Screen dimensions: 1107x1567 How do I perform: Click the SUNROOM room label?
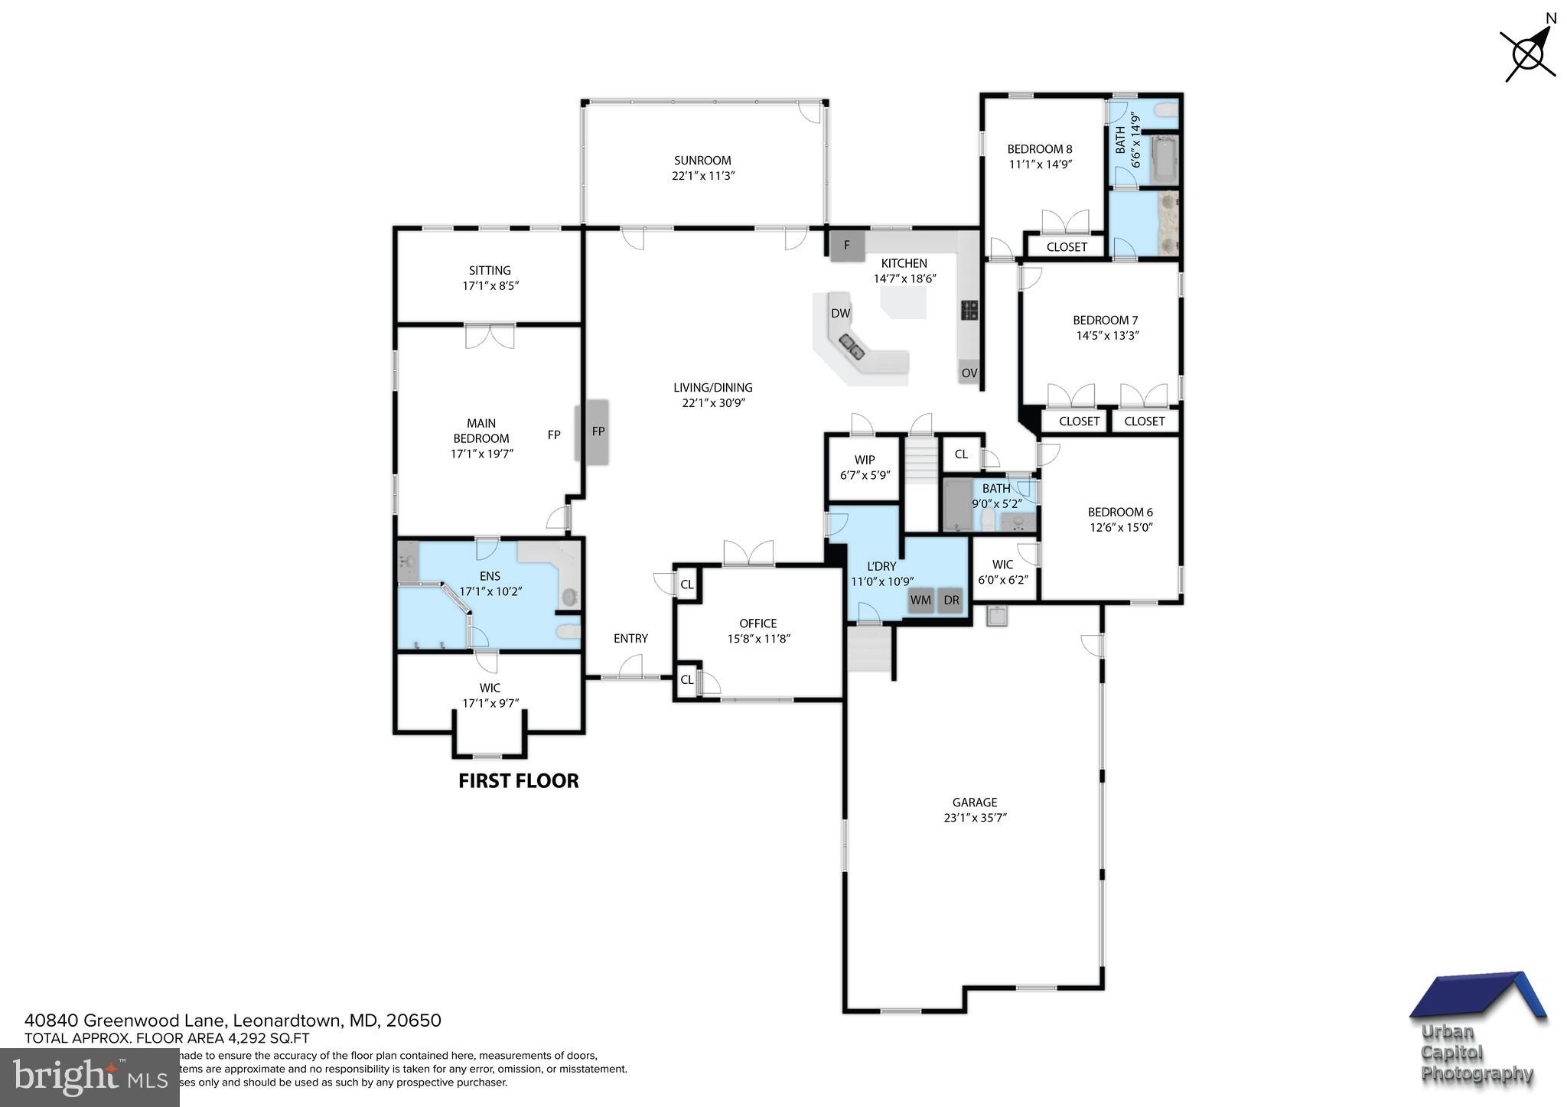pos(702,161)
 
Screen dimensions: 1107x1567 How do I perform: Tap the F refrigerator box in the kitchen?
pos(846,246)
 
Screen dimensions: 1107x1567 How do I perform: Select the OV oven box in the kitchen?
pos(969,373)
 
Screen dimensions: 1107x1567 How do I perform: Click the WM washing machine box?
pos(920,601)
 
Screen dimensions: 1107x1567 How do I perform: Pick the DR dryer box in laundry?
pos(951,601)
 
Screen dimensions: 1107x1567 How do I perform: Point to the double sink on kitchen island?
pos(852,347)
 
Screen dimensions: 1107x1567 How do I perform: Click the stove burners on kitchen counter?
pos(969,310)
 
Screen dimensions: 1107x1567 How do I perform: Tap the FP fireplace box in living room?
pos(598,431)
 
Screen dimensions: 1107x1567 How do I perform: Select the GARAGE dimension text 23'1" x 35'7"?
pos(975,817)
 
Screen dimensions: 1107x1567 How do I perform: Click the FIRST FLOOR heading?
pos(518,781)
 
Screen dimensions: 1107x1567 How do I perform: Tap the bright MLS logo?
pos(90,1077)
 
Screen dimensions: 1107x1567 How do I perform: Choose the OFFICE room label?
pos(757,624)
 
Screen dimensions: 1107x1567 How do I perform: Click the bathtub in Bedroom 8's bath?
pos(1163,159)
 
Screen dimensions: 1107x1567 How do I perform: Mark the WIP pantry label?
pos(865,460)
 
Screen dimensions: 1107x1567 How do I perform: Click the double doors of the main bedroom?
pos(490,337)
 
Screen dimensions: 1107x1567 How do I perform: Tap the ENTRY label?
pos(630,638)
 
